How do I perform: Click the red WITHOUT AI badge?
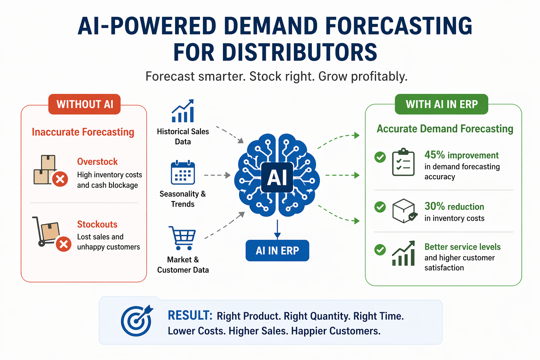point(84,104)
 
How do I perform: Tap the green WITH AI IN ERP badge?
point(442,104)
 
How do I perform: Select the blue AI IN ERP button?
point(277,251)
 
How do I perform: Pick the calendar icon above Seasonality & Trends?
point(183,173)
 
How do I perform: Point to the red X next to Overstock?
point(60,179)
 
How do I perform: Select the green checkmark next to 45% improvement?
point(380,157)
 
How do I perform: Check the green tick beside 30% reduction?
point(380,207)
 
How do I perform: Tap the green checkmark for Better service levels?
point(380,250)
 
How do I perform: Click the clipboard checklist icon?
point(403,162)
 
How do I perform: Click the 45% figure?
point(435,155)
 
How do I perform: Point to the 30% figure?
point(435,206)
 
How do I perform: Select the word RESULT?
point(190,315)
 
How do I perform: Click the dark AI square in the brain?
point(277,177)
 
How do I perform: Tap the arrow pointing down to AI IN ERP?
point(277,230)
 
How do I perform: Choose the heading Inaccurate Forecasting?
point(83,132)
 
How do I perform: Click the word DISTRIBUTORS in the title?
point(275,53)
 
